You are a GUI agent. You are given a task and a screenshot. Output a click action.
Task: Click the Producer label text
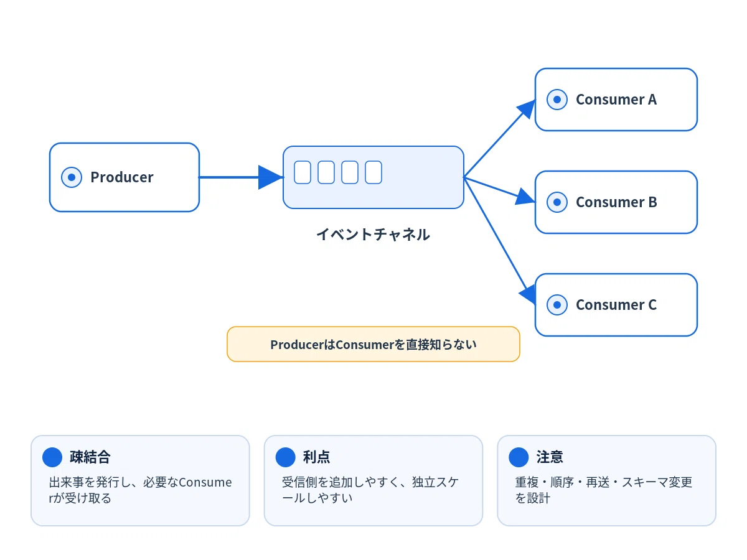122,177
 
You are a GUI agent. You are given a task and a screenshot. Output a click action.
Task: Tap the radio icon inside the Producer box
72,177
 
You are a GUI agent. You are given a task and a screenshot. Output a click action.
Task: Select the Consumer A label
616,100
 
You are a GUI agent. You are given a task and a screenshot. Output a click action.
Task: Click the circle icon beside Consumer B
557,202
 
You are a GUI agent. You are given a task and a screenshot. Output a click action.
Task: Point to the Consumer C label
616,305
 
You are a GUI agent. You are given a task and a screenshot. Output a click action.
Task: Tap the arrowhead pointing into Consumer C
528,294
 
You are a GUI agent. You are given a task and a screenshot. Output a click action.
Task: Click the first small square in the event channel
302,172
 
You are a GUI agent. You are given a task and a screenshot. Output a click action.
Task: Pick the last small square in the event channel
374,172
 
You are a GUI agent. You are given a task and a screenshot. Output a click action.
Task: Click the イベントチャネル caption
373,235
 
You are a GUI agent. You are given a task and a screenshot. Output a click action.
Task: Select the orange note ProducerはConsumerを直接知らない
374,345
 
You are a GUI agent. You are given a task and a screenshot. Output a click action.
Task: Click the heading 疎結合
90,457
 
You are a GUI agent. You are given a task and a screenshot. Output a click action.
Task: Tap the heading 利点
316,457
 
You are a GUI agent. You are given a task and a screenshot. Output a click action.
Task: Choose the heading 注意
550,457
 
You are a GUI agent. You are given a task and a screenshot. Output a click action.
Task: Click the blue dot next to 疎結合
52,457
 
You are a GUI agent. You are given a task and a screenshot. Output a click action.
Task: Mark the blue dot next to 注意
519,457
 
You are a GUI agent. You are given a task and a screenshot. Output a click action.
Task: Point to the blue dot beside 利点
285,457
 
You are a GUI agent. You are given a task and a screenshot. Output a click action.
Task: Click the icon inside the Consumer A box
557,100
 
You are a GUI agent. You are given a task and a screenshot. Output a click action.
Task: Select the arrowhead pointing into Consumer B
525,197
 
